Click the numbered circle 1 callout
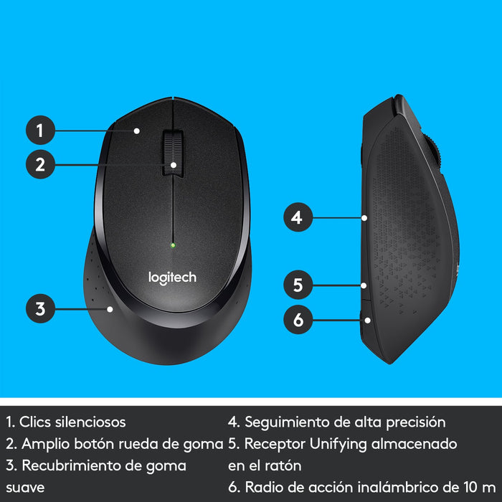coord(40,131)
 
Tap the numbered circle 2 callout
coord(40,164)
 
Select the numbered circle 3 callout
coord(40,309)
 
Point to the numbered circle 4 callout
coord(298,217)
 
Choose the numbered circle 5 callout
coord(298,285)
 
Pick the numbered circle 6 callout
coord(298,319)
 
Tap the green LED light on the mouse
coord(173,245)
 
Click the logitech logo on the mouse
coord(172,277)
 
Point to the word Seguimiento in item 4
coord(285,422)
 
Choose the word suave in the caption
coord(24,488)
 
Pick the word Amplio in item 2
coord(45,444)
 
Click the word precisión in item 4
coord(414,422)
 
